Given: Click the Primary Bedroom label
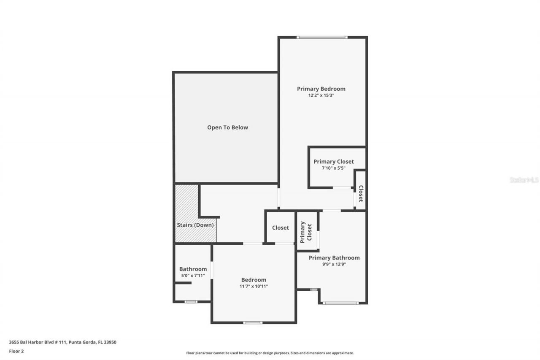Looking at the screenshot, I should click(321, 89).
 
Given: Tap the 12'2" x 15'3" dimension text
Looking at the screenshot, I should click(321, 96).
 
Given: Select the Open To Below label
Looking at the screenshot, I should click(227, 127).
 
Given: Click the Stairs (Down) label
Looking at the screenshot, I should click(195, 225).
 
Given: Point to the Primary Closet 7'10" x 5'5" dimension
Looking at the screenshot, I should click(333, 168).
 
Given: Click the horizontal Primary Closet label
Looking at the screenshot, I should click(333, 162).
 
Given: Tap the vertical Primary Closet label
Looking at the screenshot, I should click(306, 231).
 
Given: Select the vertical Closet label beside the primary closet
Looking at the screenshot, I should click(361, 193).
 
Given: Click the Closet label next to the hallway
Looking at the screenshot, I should click(280, 228).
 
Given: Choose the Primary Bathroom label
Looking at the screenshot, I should click(334, 258).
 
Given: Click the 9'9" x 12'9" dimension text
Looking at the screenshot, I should click(334, 265).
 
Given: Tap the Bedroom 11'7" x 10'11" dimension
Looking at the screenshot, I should click(254, 286).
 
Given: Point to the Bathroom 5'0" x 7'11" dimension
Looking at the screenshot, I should click(193, 276).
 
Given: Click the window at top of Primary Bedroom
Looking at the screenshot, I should click(322, 38).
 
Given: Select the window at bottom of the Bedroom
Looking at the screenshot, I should click(252, 323).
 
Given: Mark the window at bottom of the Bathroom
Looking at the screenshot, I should click(191, 302).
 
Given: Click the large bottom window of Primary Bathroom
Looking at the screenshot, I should click(340, 303).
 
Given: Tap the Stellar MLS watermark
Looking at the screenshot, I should click(524, 180).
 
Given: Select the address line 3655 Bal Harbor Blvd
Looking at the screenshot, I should click(62, 342).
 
